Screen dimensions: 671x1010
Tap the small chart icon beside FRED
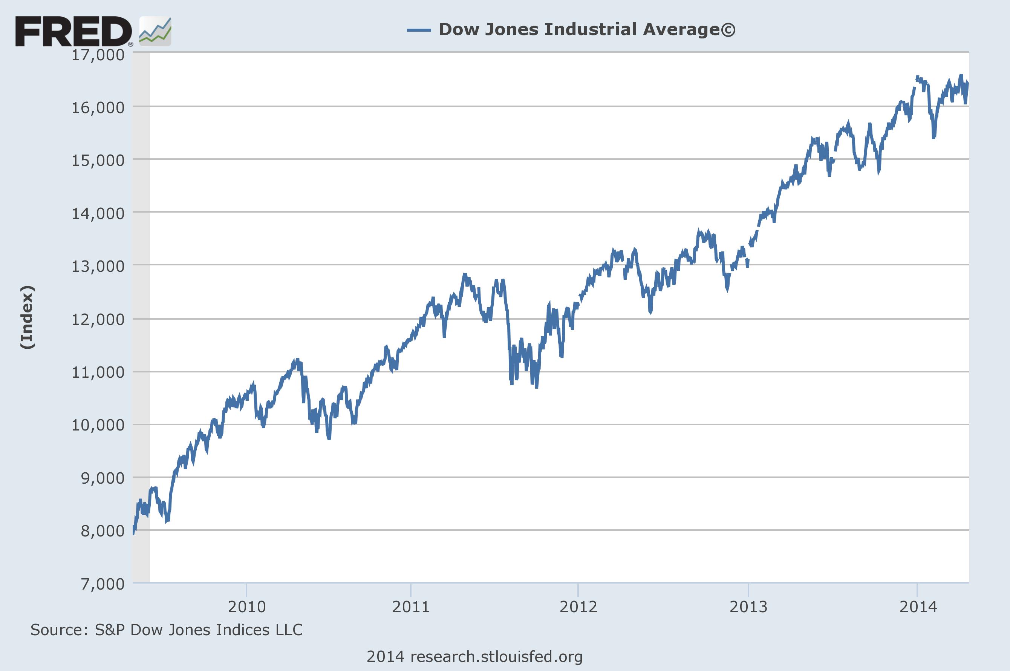pyautogui.click(x=155, y=32)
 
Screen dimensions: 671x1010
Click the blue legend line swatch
pyautogui.click(x=418, y=30)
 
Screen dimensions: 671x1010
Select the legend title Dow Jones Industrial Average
pyautogui.click(x=587, y=29)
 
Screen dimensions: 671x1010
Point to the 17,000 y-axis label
pyautogui.click(x=98, y=55)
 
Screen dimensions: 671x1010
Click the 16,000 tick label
pyautogui.click(x=98, y=107)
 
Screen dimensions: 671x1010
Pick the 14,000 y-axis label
pyautogui.click(x=98, y=213)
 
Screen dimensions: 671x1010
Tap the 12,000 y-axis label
pyautogui.click(x=98, y=319)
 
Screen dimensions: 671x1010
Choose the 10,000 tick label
pyautogui.click(x=98, y=425)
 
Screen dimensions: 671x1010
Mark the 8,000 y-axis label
pyautogui.click(x=103, y=531)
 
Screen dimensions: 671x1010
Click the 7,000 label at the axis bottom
pyautogui.click(x=103, y=584)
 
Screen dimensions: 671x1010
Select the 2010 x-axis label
pyautogui.click(x=247, y=607)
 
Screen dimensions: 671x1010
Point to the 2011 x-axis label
pyautogui.click(x=411, y=607)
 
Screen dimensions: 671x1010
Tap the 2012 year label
pyautogui.click(x=578, y=607)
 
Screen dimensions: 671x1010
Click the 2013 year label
pyautogui.click(x=748, y=607)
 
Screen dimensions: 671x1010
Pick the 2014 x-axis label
pyautogui.click(x=918, y=607)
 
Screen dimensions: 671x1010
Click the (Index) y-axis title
pyautogui.click(x=28, y=317)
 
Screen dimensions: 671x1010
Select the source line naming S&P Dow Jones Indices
pyautogui.click(x=167, y=630)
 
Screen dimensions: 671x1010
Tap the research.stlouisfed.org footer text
pyautogui.click(x=474, y=656)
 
